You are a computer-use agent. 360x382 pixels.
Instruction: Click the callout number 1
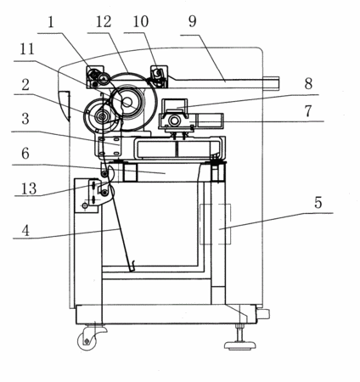point(51,22)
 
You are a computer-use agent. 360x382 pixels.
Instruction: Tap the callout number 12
point(104,22)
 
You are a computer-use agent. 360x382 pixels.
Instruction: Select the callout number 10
point(141,22)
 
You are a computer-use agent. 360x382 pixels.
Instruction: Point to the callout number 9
point(193,22)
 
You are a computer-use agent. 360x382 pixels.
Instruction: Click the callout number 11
point(27,49)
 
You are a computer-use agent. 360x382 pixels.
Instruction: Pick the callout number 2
point(25,85)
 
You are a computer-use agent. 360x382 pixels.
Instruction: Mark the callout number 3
point(25,119)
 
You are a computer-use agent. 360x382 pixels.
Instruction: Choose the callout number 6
point(25,153)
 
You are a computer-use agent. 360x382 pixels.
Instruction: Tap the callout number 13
point(29,188)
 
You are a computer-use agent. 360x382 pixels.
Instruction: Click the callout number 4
point(25,231)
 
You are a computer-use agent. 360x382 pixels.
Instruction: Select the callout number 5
point(318,203)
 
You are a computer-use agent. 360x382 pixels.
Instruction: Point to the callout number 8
point(308,83)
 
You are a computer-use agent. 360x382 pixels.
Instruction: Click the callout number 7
point(308,111)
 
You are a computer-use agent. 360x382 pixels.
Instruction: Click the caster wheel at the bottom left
point(87,341)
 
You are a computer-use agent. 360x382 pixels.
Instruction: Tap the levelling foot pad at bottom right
point(240,345)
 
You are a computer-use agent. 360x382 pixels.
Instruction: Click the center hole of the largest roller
point(127,102)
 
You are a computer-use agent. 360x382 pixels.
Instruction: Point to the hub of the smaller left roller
point(101,116)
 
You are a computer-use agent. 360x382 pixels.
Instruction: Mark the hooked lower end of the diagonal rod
point(132,267)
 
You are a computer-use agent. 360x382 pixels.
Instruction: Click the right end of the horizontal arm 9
point(279,83)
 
